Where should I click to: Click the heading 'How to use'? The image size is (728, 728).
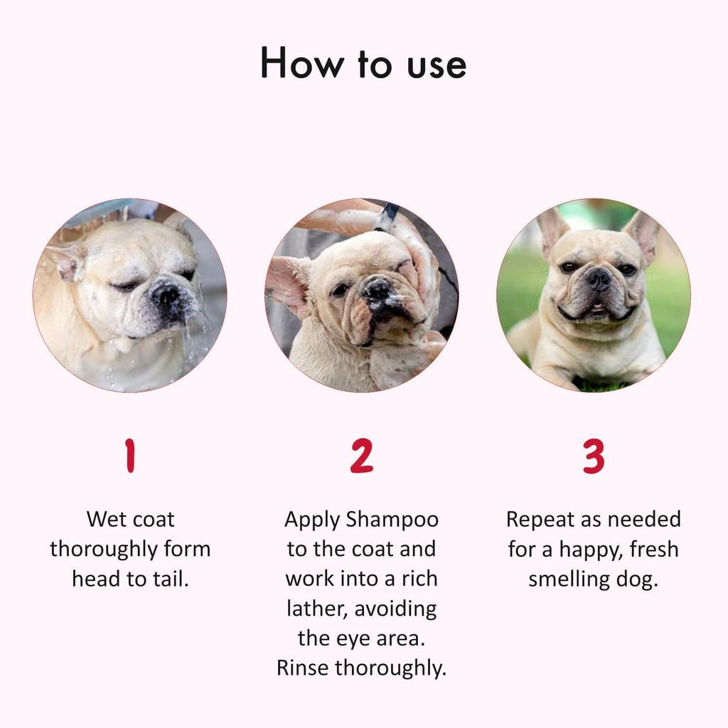(x=363, y=64)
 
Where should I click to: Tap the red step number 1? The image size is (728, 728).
(x=129, y=456)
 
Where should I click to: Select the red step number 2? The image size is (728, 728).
(x=361, y=456)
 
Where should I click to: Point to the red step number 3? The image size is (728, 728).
(x=594, y=456)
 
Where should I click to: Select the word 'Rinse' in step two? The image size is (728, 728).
(x=303, y=668)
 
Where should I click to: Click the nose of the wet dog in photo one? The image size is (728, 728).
(x=166, y=291)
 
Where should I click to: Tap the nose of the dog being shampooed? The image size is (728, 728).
(x=377, y=289)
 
